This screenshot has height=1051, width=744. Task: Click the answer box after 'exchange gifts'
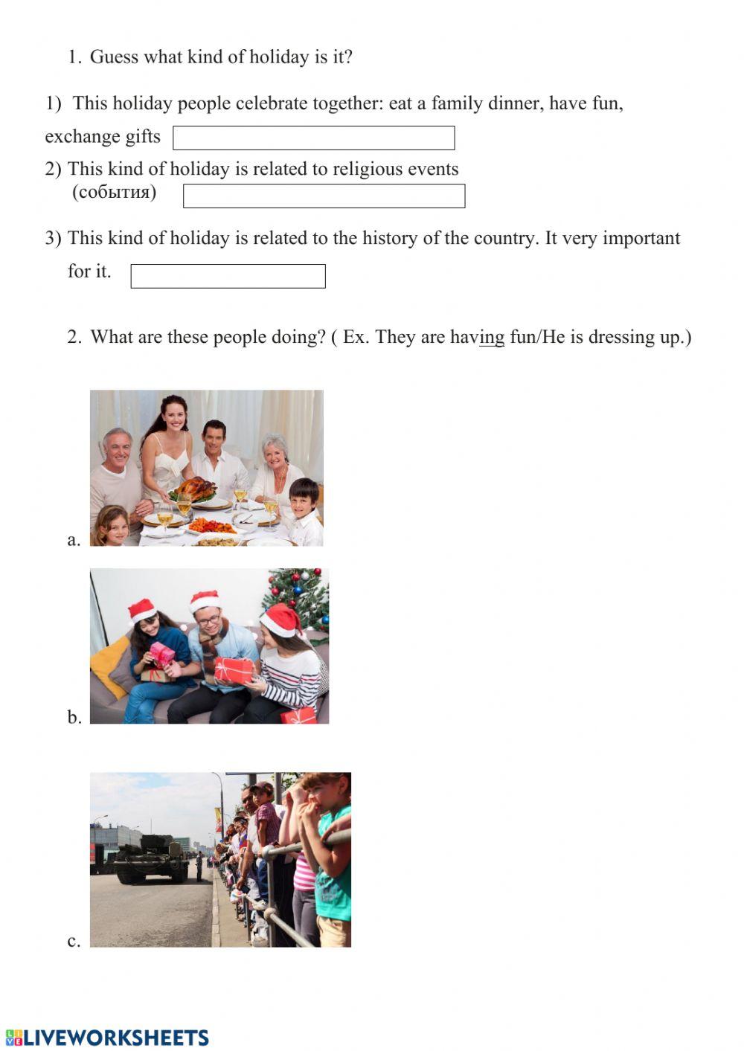click(x=313, y=138)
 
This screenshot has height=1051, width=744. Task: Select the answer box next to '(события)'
click(x=324, y=196)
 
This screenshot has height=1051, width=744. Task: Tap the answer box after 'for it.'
click(x=228, y=276)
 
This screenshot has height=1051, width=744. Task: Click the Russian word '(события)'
click(x=114, y=192)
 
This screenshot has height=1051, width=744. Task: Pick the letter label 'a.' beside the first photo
click(x=74, y=540)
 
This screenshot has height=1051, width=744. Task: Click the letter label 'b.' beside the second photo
click(x=74, y=717)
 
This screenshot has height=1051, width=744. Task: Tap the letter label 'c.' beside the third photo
click(x=74, y=941)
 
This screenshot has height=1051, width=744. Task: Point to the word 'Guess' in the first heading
click(x=114, y=57)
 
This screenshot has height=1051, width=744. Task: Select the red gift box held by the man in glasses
click(x=233, y=669)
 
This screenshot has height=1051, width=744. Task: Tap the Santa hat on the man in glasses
click(x=204, y=600)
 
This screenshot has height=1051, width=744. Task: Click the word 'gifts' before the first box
click(x=143, y=136)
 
